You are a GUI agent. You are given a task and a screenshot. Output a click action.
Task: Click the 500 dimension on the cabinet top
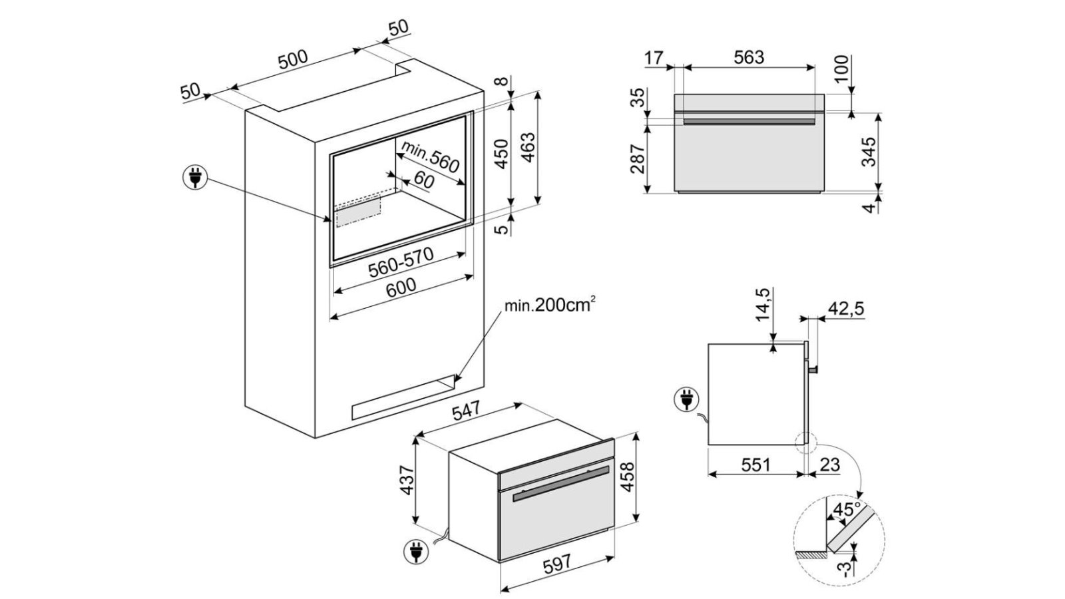pos(293,59)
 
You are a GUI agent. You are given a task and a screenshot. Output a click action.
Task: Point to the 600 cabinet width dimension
pos(401,286)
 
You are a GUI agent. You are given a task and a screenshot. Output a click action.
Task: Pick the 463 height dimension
pos(527,149)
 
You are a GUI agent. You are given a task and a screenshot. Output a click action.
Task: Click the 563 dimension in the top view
pos(749,57)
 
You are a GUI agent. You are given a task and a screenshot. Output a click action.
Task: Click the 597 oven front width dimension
pos(557,563)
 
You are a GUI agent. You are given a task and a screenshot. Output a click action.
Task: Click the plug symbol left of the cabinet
pos(194,178)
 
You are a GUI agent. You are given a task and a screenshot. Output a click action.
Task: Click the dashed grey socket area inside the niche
pos(357,213)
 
